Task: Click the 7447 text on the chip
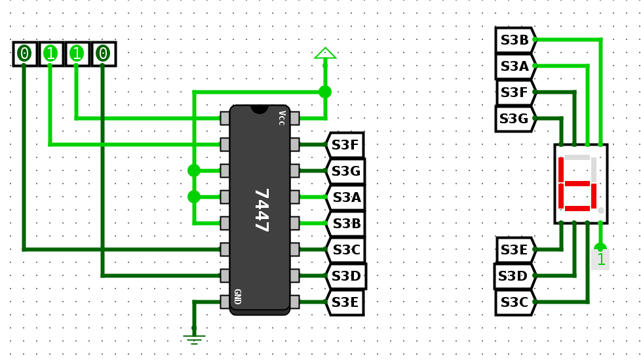point(261,210)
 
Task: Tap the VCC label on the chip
point(281,118)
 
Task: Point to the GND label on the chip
point(237,296)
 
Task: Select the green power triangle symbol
point(325,54)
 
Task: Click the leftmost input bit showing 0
point(25,54)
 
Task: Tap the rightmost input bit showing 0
point(103,54)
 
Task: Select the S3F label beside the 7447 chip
point(345,145)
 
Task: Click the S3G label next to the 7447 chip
point(345,171)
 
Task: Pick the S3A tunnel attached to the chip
point(345,197)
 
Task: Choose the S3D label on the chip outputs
point(346,276)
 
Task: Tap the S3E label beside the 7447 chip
point(345,302)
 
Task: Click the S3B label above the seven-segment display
point(515,40)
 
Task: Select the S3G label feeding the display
point(514,119)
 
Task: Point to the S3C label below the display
point(515,302)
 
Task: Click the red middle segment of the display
point(577,184)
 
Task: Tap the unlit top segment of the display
point(577,158)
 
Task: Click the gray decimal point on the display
point(600,210)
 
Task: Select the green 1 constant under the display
point(600,259)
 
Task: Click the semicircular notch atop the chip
point(260,109)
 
